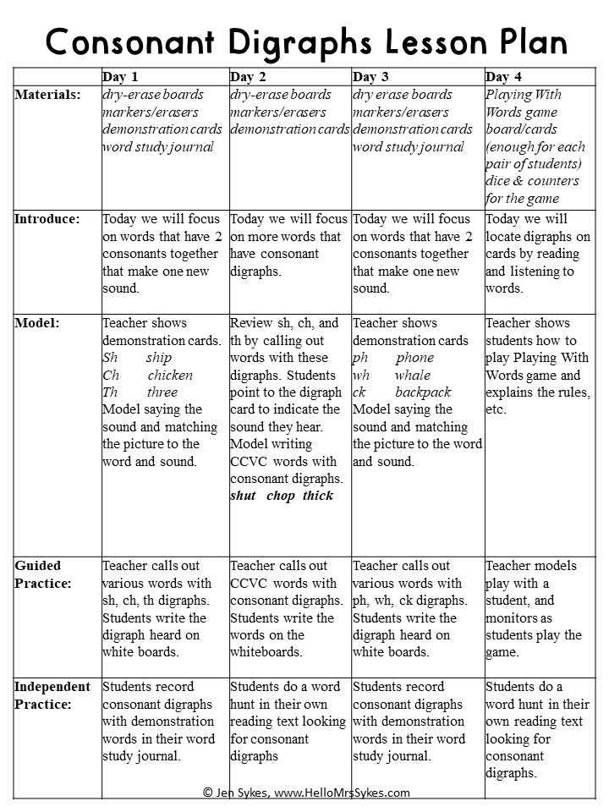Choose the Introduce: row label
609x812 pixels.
[47, 219]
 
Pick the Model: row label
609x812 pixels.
[36, 323]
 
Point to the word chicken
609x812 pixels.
[170, 375]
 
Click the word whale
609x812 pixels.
[412, 375]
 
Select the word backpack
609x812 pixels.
[423, 392]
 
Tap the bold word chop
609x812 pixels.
[280, 496]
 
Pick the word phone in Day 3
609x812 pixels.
[414, 358]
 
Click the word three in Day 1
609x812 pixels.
[162, 392]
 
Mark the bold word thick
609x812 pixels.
[318, 496]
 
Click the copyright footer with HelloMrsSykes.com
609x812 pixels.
[306, 793]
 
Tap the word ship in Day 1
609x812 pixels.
[159, 358]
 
